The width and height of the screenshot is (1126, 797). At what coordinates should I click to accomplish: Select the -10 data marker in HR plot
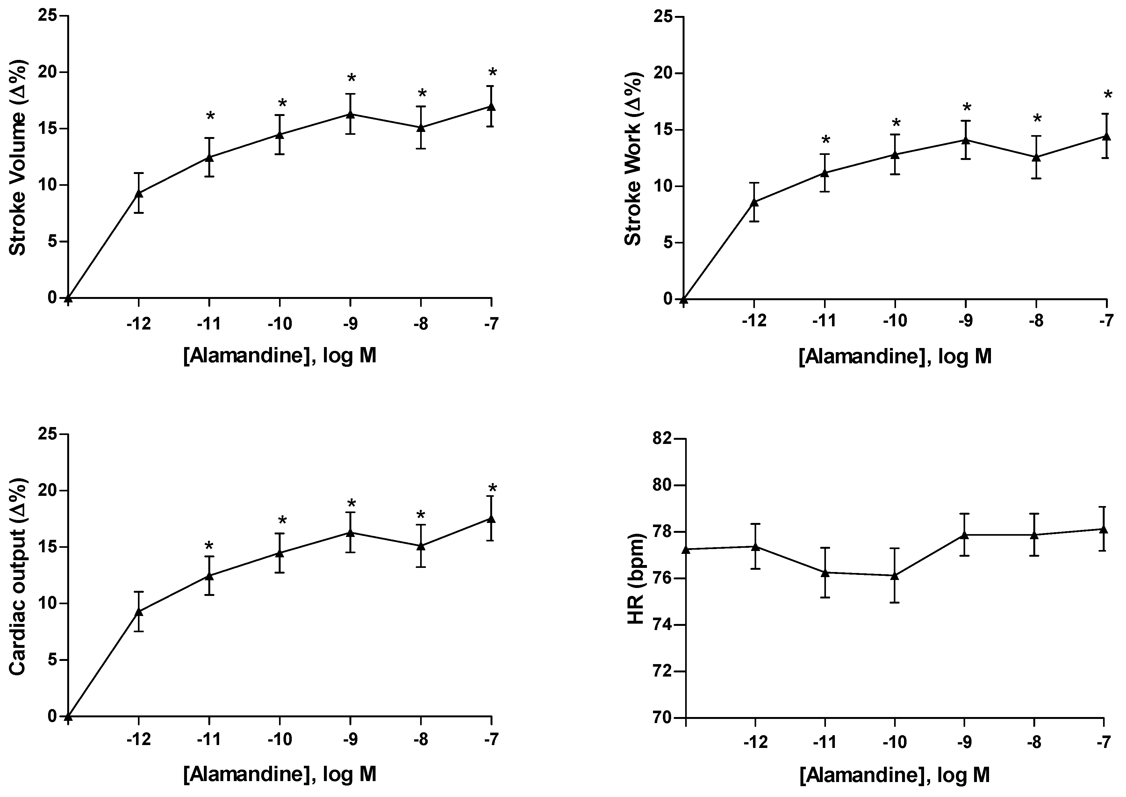(895, 576)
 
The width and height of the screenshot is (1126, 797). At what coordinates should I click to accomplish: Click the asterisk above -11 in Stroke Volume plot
(210, 117)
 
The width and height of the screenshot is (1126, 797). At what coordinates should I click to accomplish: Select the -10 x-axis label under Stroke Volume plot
(280, 324)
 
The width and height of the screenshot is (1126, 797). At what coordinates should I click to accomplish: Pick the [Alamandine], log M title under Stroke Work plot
(895, 356)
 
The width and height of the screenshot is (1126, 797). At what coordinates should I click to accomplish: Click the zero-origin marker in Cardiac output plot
(69, 716)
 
